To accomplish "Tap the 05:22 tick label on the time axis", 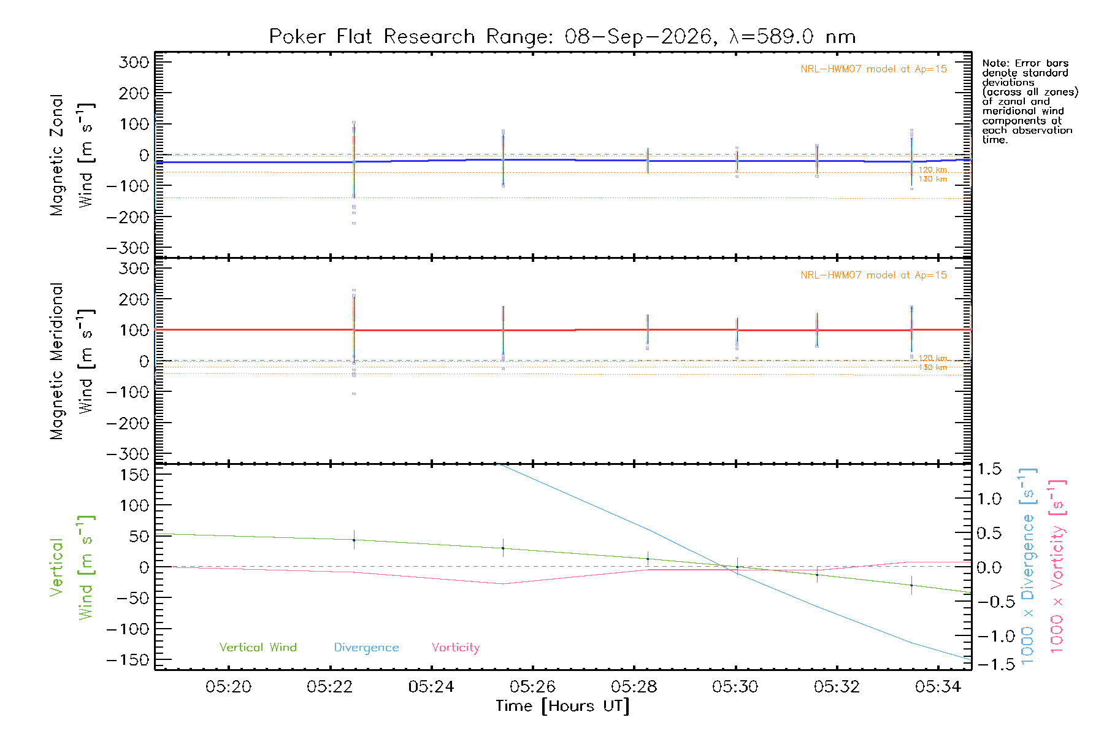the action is [330, 687].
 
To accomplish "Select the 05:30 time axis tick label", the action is [735, 687].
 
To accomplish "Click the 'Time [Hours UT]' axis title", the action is [562, 706].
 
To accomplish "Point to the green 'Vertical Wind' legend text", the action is [258, 647].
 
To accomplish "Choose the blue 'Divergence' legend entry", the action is [366, 648].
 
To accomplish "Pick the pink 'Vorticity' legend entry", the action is [456, 648].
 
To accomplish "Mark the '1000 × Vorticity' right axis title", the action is [1057, 567].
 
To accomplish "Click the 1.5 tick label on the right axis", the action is [989, 469].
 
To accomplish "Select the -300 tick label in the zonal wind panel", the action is [128, 248].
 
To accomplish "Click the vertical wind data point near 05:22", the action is [354, 540].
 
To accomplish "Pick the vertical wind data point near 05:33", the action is [911, 585].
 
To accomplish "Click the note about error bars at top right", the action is [1030, 101].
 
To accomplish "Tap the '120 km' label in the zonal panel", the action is [932, 170].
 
